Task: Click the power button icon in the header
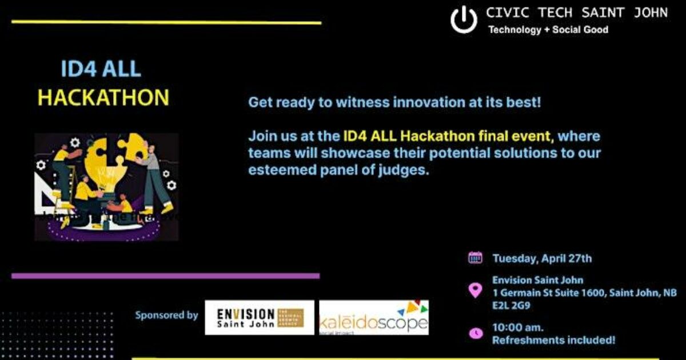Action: coord(464,20)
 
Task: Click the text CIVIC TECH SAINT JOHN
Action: coord(576,13)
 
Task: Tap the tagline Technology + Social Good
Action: coord(548,30)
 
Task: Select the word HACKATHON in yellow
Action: coord(103,98)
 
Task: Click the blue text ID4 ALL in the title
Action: coord(101,69)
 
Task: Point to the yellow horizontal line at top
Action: coord(166,23)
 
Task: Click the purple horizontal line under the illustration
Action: coord(165,276)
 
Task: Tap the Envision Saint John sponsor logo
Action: coord(260,317)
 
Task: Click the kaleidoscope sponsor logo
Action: coord(373,318)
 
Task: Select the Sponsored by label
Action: coord(166,315)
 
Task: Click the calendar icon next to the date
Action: coord(475,258)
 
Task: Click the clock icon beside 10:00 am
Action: coord(475,333)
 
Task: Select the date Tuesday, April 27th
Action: coord(542,258)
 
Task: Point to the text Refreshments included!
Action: coord(553,340)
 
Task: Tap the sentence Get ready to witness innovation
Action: coord(394,103)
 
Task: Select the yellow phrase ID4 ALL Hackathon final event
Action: coord(448,137)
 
